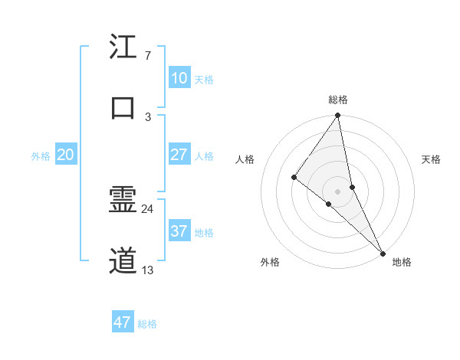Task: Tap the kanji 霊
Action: click(x=123, y=201)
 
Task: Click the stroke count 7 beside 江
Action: click(x=147, y=56)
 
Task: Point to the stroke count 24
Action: click(x=147, y=208)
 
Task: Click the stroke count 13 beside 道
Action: click(x=147, y=270)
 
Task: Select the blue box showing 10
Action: click(x=179, y=78)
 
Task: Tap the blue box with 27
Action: click(x=179, y=155)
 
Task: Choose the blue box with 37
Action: click(x=179, y=231)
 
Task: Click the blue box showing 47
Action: click(x=123, y=322)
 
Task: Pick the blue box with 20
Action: click(x=65, y=155)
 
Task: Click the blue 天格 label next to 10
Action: click(x=204, y=80)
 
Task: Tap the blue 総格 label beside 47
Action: click(x=147, y=324)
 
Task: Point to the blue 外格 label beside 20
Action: click(x=41, y=156)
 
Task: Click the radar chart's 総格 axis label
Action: click(x=338, y=100)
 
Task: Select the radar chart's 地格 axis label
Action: click(x=402, y=262)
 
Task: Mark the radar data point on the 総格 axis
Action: click(x=337, y=116)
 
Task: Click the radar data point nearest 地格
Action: click(x=382, y=252)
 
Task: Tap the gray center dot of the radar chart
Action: click(x=337, y=191)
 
